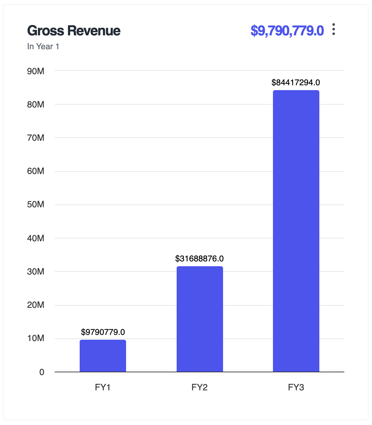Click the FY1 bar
point(103,356)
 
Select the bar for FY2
point(200,319)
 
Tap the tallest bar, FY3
point(296,231)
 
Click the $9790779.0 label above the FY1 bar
point(103,332)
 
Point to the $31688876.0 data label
point(200,259)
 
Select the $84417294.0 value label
point(296,83)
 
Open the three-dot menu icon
point(334,29)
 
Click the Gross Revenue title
point(74,31)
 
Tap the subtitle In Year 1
point(43,46)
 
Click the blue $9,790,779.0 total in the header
point(287,31)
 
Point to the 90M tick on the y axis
point(36,71)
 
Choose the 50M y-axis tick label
point(36,205)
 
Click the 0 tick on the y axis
point(42,372)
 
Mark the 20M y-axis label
point(36,305)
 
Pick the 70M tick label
point(36,138)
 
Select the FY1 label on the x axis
point(103,387)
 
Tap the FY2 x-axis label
point(200,387)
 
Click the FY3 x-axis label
point(296,387)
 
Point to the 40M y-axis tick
point(36,238)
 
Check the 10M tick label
point(36,338)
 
